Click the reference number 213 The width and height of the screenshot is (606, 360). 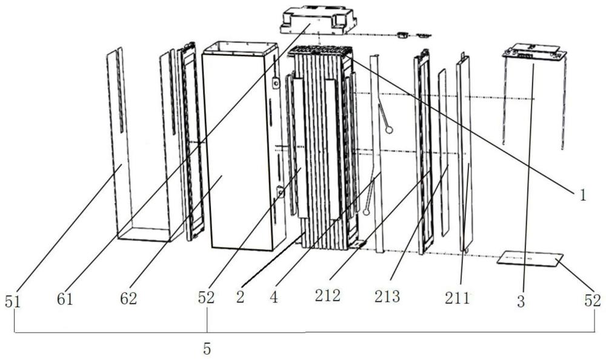[388, 296]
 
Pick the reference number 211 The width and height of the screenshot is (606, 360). [457, 298]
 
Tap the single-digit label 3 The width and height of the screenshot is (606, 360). [521, 301]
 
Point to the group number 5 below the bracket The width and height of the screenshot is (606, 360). [207, 350]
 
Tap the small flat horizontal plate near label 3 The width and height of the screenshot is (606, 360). [529, 260]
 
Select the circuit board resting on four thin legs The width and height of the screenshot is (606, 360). [534, 54]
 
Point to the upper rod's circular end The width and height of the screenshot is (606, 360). [389, 129]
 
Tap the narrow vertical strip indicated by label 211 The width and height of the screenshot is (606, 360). [466, 152]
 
